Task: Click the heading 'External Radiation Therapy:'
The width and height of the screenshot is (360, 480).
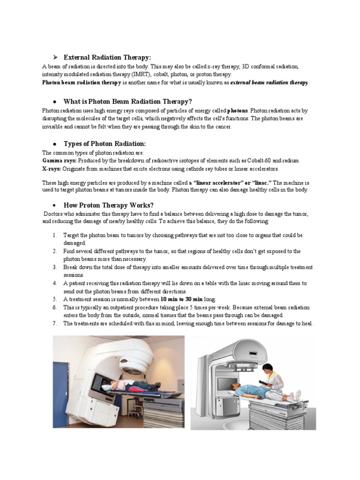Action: pos(107,57)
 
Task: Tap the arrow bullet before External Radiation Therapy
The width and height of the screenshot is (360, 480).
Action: pos(55,57)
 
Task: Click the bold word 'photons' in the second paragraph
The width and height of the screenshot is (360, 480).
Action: pos(237,111)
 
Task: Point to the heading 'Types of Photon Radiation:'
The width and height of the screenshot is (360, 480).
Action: pos(105,143)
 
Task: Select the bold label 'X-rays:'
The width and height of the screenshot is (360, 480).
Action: pos(51,168)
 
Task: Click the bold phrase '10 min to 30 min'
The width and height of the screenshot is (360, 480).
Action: pos(181,299)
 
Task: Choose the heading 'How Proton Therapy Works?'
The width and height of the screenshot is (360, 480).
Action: pos(108,205)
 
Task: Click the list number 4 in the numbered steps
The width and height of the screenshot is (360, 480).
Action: pos(55,283)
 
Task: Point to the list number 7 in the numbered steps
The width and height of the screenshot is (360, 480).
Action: pos(55,323)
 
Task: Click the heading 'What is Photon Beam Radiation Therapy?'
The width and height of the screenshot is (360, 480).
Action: pos(127,101)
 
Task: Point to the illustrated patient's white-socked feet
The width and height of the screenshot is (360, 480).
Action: pos(293,397)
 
